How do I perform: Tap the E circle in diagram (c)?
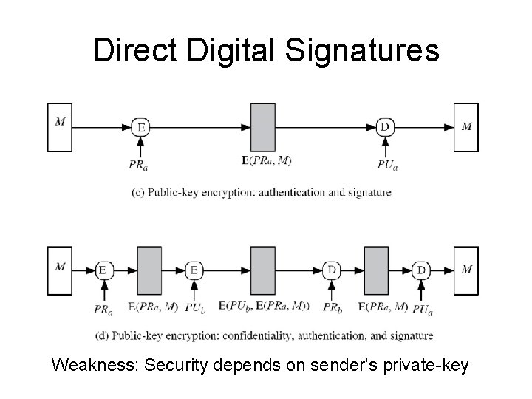[x=140, y=127]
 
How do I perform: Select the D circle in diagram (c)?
[x=384, y=127]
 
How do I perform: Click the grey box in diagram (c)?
[x=262, y=127]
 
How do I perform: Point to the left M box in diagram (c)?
[x=60, y=127]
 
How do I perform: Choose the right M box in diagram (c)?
[x=466, y=127]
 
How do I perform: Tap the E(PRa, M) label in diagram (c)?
[x=262, y=161]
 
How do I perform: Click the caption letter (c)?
[x=140, y=192]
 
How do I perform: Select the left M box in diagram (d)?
[x=60, y=270]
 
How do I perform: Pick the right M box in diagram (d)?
[x=466, y=270]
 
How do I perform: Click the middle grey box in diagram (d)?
[x=262, y=270]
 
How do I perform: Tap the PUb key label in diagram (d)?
[x=194, y=305]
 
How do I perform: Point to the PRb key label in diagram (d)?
[x=332, y=305]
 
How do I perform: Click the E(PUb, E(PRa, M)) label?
[x=263, y=305]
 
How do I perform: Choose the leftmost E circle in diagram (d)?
[x=103, y=270]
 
